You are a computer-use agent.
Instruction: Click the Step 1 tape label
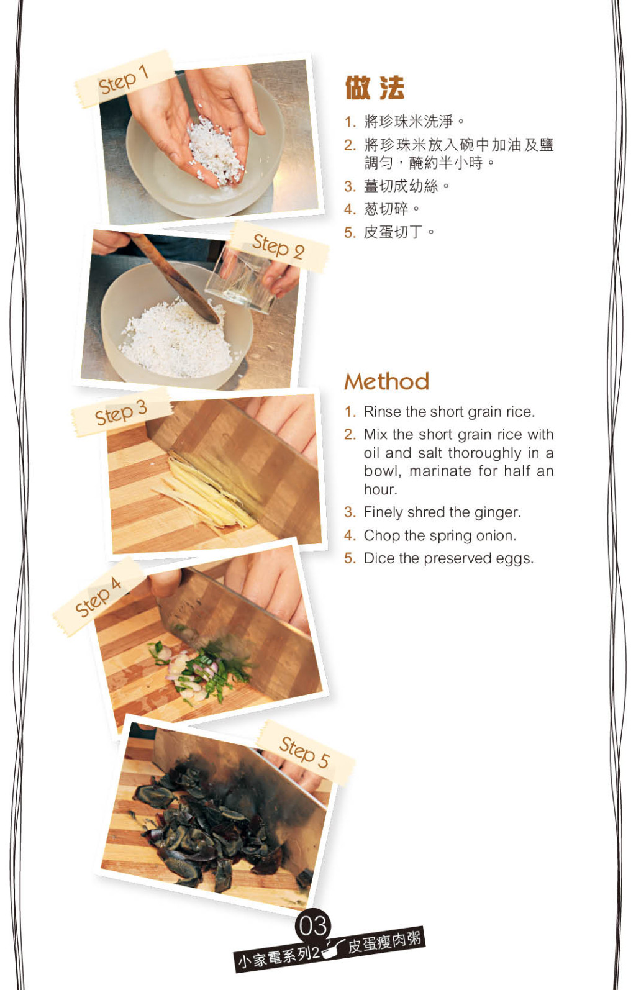tap(124, 79)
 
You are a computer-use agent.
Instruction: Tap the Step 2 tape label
tap(279, 247)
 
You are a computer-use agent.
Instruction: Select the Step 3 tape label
tap(122, 412)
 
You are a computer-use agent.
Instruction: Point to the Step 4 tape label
tap(99, 597)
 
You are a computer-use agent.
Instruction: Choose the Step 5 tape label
tap(305, 753)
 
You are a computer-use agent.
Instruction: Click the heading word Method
tap(387, 381)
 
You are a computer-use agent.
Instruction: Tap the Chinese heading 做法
tap(375, 88)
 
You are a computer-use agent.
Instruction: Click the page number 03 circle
tap(313, 926)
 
